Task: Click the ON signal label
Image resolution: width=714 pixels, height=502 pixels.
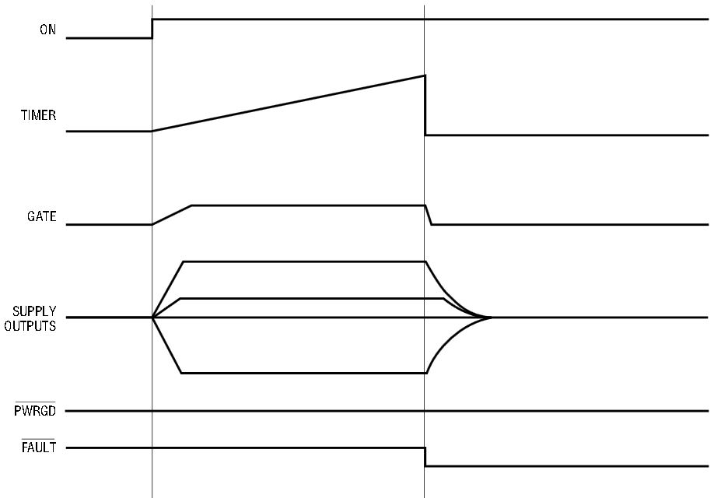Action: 47,30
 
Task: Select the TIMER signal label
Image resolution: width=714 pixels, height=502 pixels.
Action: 38,115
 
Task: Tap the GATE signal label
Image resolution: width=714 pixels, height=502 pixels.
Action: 41,216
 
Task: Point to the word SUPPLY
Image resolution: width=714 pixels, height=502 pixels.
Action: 34,311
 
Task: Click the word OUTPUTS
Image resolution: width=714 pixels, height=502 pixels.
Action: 30,326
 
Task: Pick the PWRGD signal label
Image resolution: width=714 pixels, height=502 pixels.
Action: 35,410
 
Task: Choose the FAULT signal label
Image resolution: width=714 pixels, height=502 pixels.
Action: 39,448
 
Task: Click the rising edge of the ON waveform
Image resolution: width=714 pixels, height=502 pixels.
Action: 152,29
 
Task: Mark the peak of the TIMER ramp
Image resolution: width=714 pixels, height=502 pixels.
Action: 425,75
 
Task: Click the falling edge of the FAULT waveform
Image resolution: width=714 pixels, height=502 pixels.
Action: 425,457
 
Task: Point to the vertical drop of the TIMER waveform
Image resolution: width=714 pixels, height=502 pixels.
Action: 425,105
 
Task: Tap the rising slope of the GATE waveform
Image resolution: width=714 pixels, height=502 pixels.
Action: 172,215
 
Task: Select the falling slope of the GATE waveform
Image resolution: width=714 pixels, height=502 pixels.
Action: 429,215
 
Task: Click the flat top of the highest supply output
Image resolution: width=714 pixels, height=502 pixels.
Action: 304,262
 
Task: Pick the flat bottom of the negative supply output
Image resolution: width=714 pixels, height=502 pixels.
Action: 304,373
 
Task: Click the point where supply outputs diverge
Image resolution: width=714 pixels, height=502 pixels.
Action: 152,317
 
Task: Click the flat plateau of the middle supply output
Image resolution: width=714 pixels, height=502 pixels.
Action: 312,298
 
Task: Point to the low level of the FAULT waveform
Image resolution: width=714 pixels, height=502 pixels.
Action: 567,466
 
